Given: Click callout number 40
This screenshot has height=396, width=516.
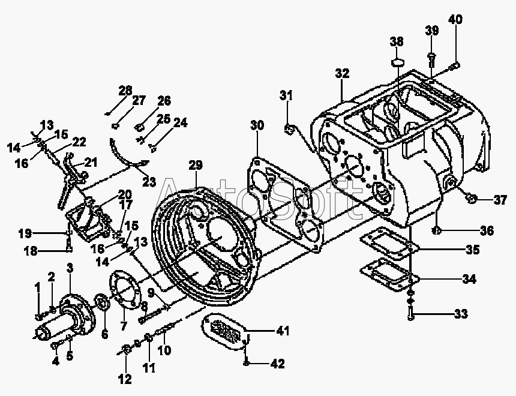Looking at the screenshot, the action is pyautogui.click(x=455, y=19).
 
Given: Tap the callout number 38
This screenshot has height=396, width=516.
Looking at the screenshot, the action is pyautogui.click(x=397, y=41).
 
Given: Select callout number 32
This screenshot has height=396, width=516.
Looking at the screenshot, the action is pyautogui.click(x=342, y=73).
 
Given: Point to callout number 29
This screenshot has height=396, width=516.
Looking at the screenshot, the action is pyautogui.click(x=196, y=165).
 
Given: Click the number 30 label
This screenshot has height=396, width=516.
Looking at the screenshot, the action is pyautogui.click(x=257, y=125).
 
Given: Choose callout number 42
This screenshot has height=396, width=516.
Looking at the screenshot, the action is pyautogui.click(x=277, y=364).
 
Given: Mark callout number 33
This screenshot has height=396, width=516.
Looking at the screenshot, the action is pyautogui.click(x=461, y=314).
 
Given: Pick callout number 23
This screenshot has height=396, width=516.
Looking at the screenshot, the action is pyautogui.click(x=149, y=181).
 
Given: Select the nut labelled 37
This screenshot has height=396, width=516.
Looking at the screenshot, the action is pyautogui.click(x=471, y=199).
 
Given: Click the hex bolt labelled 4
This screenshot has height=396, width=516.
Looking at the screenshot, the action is pyautogui.click(x=55, y=346).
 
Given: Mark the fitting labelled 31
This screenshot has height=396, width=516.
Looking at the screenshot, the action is pyautogui.click(x=289, y=129).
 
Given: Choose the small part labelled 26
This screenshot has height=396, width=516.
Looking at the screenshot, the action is pyautogui.click(x=140, y=127).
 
